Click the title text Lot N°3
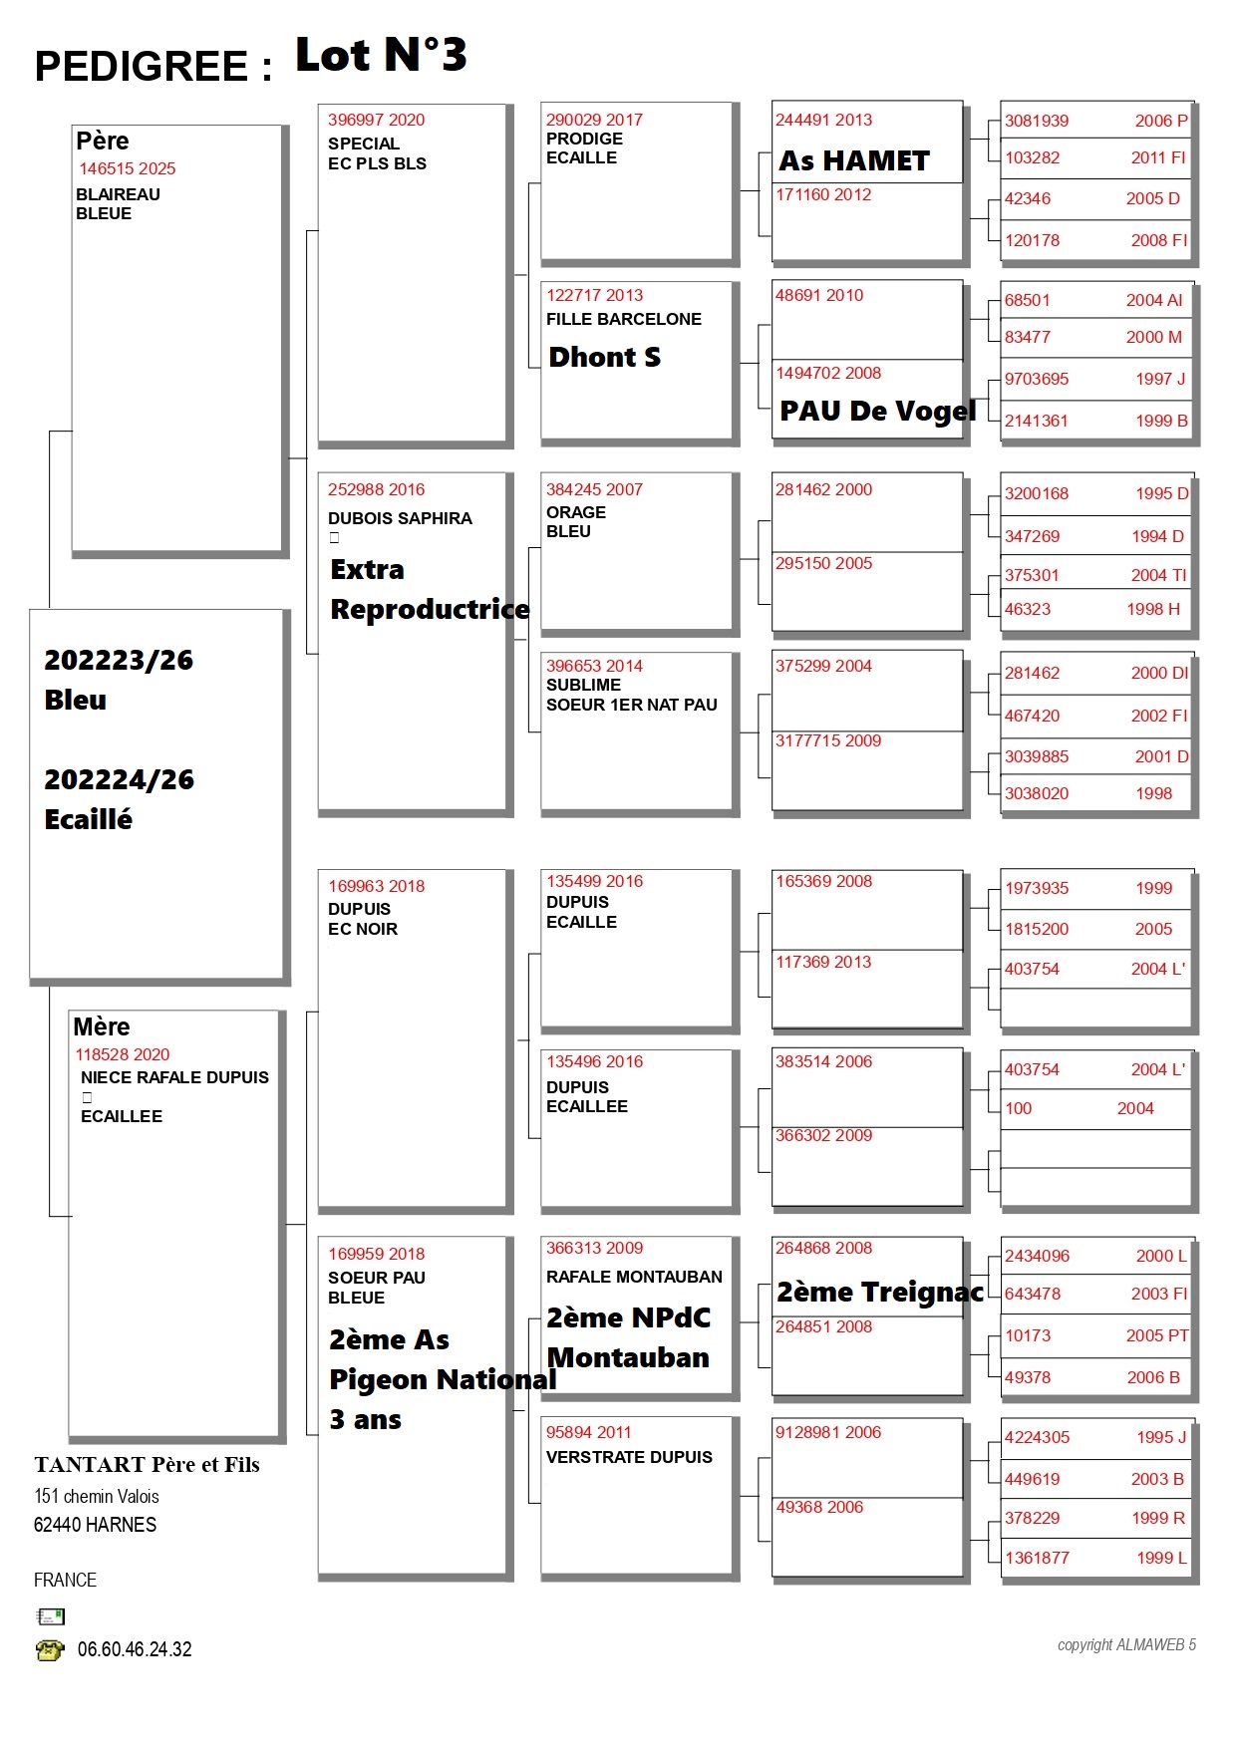pos(381,56)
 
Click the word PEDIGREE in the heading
pos(142,67)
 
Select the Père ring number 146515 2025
pos(128,168)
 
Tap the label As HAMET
pos(854,160)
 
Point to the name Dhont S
pos(604,357)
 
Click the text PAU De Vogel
pos(877,411)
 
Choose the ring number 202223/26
pos(119,660)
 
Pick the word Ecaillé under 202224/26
pos(89,819)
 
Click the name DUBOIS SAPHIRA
pos(400,518)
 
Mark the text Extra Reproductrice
pos(429,589)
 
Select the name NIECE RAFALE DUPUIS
pos(174,1077)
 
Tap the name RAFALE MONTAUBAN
pos(634,1277)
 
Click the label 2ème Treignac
pos(879,1292)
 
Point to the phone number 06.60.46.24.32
pos(135,1649)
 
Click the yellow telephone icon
pos(50,1650)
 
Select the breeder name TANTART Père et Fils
pos(147,1464)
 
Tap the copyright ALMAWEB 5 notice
pos(1126,1645)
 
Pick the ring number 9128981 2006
pos(828,1432)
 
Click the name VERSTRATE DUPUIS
pos(629,1457)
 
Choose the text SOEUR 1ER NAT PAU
pos(631,705)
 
